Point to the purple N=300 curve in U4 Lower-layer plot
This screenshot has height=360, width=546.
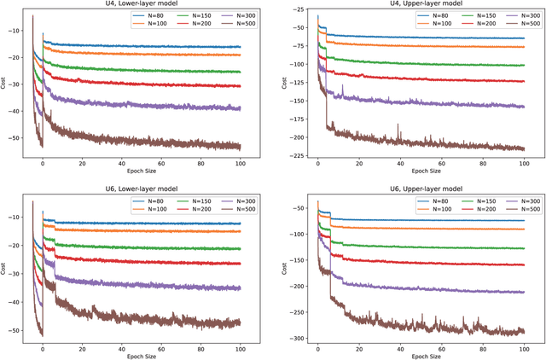[154, 105]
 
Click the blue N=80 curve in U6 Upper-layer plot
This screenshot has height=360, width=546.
[427, 220]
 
